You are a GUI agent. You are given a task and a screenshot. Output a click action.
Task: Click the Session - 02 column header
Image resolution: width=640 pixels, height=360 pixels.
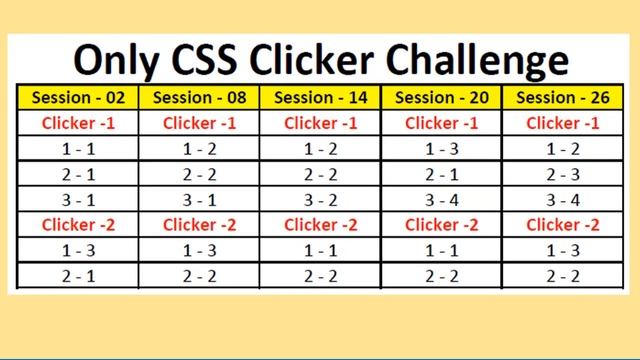pyautogui.click(x=77, y=98)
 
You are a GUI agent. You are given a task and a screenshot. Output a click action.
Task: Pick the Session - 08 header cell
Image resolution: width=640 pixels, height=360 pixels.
pyautogui.click(x=199, y=98)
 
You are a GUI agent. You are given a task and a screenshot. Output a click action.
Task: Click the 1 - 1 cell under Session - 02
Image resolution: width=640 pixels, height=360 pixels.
pyautogui.click(x=77, y=149)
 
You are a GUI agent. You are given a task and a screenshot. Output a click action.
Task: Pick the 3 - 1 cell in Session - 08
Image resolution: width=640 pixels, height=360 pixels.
pyautogui.click(x=199, y=199)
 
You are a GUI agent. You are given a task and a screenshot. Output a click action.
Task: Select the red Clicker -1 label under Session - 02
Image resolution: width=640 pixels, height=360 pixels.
pyautogui.click(x=77, y=123)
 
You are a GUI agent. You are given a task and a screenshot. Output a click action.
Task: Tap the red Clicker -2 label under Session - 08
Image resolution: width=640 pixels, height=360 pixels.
pyautogui.click(x=199, y=224)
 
